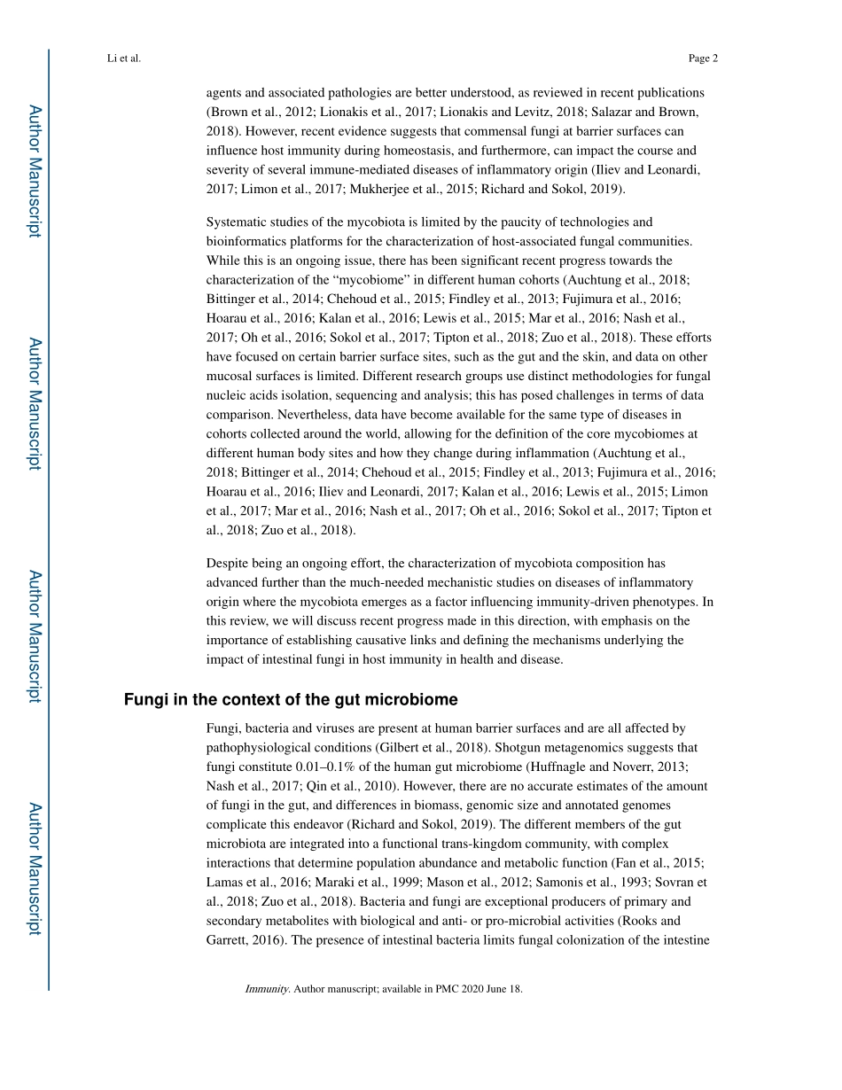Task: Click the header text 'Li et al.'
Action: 123,58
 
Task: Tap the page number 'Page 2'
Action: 703,58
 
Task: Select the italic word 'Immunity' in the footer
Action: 267,989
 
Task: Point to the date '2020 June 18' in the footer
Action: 493,989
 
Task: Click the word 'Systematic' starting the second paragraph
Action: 235,222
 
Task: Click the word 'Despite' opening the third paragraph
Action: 226,564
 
